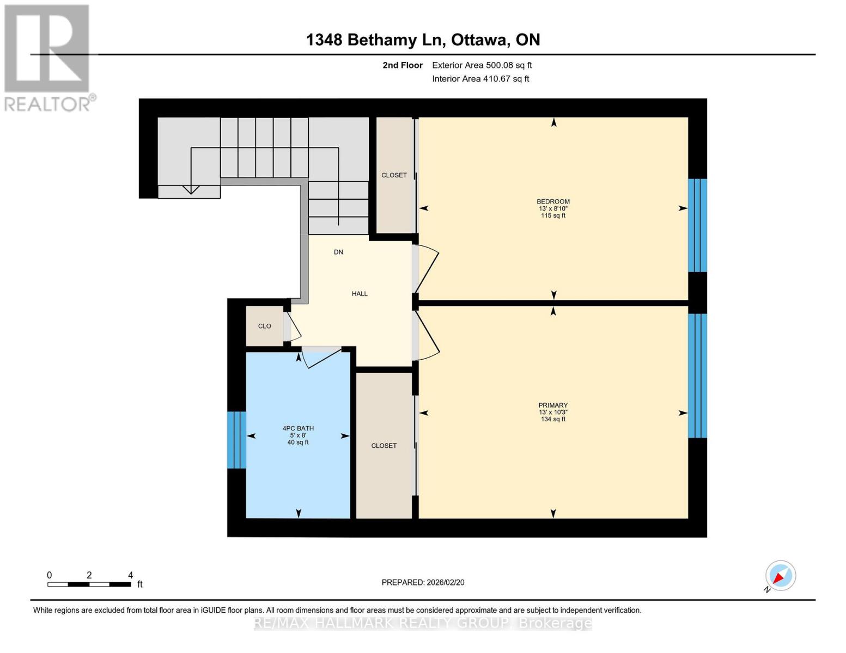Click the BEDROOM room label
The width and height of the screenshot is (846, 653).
tap(553, 201)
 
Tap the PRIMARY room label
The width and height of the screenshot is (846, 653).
tap(553, 405)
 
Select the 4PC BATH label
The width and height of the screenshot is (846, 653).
tap(298, 429)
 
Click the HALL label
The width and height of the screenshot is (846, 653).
tap(360, 294)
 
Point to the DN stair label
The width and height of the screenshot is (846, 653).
tap(338, 252)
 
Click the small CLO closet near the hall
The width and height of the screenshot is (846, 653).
tap(265, 326)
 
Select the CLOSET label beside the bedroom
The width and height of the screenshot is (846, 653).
tap(394, 175)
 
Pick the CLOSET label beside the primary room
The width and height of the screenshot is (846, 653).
tap(384, 446)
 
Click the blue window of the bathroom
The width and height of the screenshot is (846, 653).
tap(236, 440)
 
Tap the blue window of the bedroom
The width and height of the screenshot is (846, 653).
tap(697, 225)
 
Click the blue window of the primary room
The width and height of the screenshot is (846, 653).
tap(697, 375)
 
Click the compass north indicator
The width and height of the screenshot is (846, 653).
tap(780, 576)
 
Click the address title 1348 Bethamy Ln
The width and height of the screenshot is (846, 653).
tap(423, 40)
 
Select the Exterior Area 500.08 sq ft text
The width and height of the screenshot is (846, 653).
tap(482, 65)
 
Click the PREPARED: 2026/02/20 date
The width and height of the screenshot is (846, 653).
tap(423, 582)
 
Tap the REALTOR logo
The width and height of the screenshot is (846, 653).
tap(48, 57)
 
